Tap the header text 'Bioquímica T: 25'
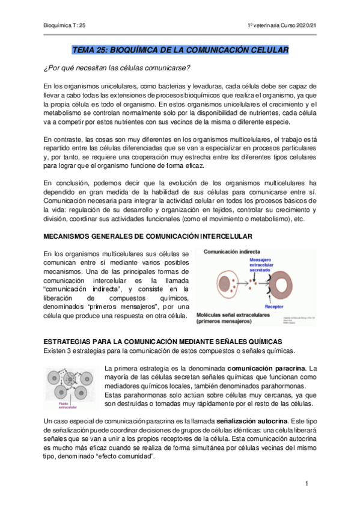click(x=66, y=25)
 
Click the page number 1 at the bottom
click(x=307, y=484)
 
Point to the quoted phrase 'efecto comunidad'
click(x=127, y=456)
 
